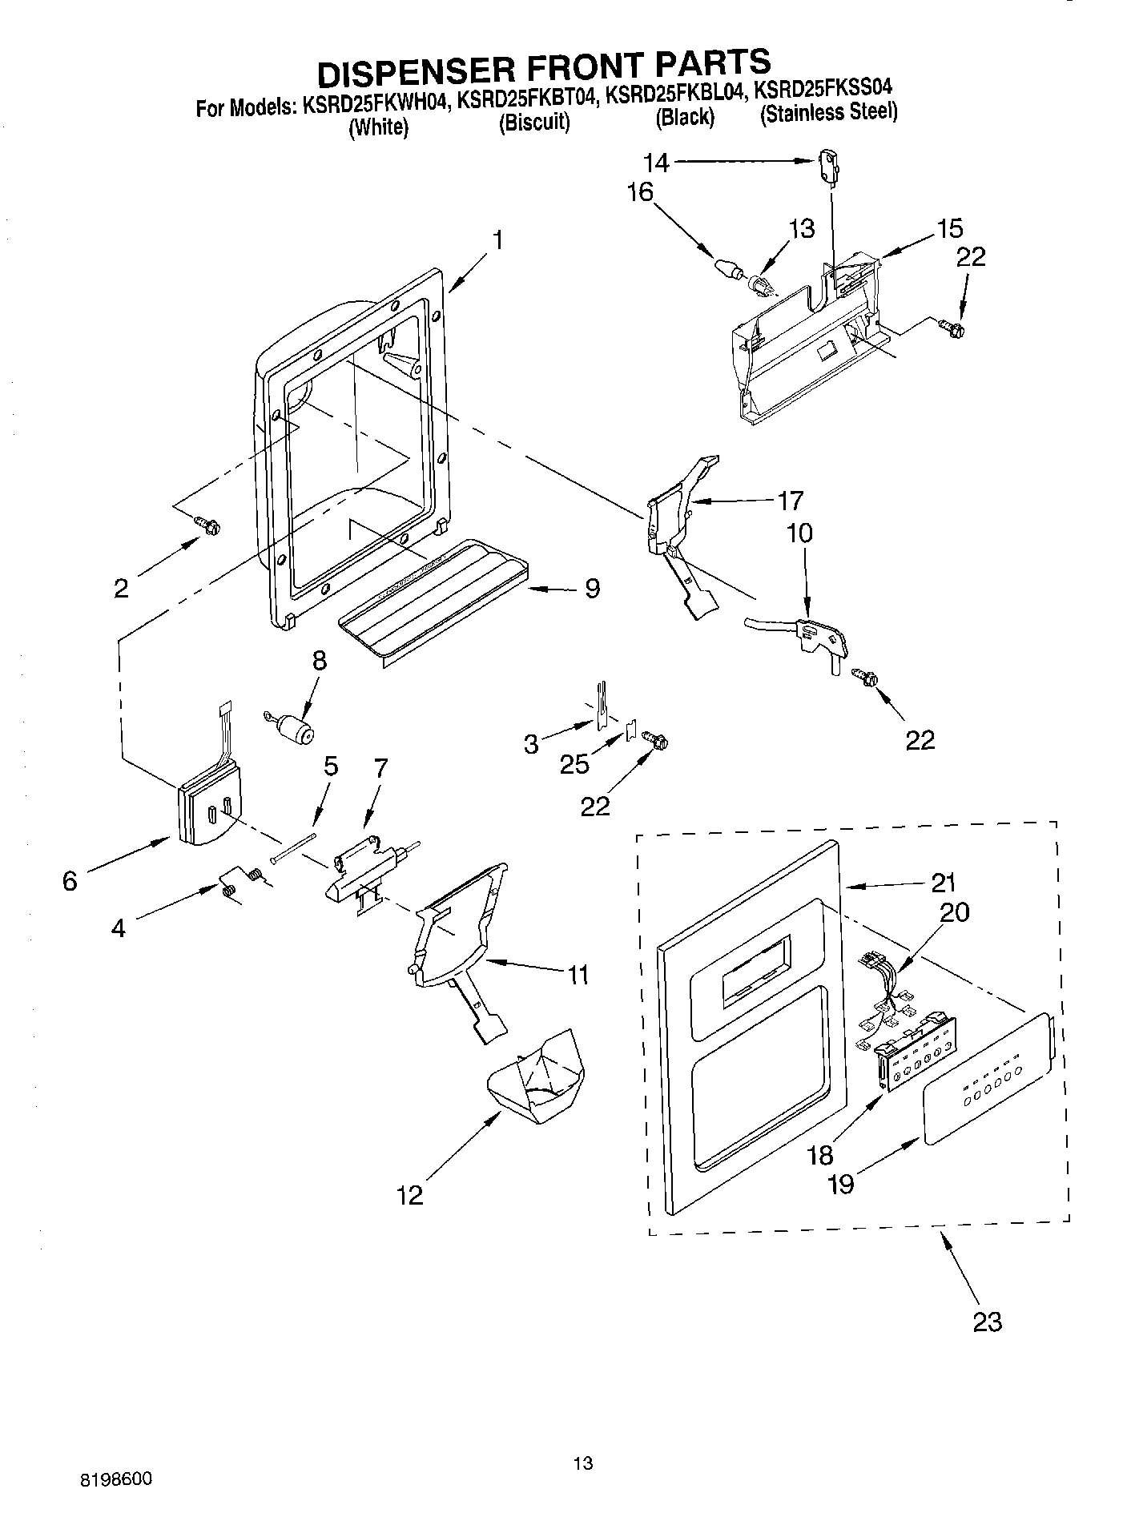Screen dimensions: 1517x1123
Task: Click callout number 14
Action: coord(656,163)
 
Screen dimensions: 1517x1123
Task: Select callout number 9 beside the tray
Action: coord(591,589)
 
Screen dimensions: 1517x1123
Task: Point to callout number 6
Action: coord(70,881)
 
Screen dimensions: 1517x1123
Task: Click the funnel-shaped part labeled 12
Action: coord(537,1076)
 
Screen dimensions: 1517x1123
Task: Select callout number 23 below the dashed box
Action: coord(987,1321)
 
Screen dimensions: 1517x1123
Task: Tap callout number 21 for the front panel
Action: coord(944,883)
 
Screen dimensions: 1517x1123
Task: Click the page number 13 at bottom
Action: coord(583,1463)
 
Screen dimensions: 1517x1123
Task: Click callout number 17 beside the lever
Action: coord(790,501)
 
